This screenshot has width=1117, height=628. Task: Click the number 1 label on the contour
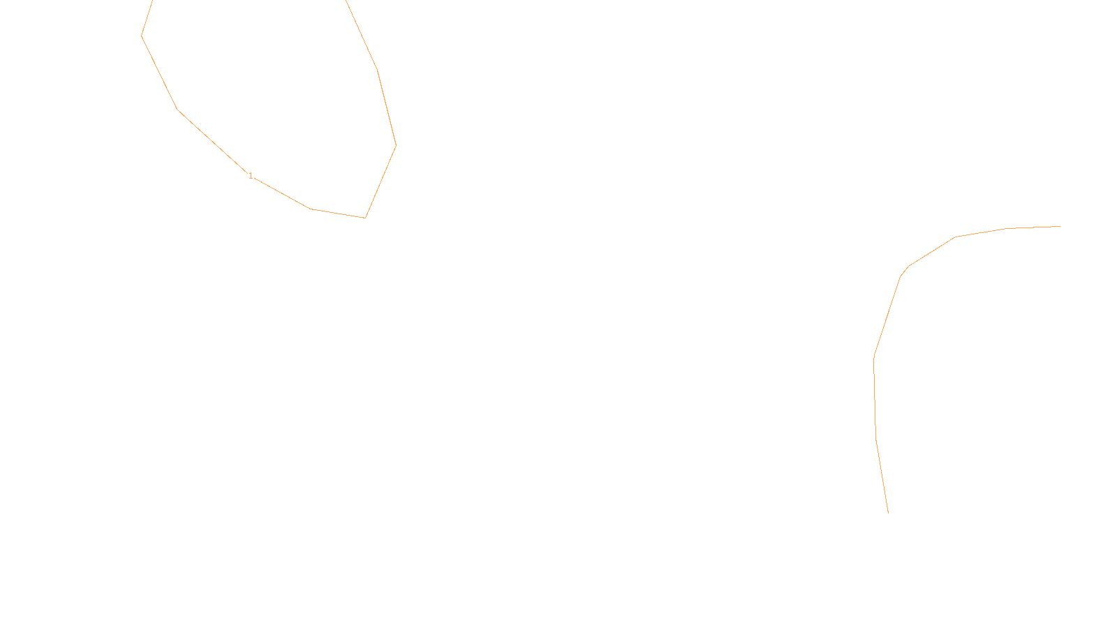tap(251, 176)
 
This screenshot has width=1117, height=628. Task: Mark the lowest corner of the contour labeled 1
tap(365, 218)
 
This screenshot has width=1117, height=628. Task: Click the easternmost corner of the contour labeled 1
tap(396, 145)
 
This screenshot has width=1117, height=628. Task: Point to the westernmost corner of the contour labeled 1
tap(142, 36)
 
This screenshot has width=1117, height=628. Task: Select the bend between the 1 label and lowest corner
tap(310, 209)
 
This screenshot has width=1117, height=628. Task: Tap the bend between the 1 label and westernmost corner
tap(178, 110)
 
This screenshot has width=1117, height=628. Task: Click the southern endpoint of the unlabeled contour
tap(888, 513)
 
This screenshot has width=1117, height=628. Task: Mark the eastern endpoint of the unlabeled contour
tap(1060, 226)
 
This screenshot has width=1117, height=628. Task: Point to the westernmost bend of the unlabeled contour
tap(874, 357)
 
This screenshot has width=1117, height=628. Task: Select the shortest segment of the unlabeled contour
tap(904, 271)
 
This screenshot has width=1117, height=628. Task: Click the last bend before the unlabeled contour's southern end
tap(876, 438)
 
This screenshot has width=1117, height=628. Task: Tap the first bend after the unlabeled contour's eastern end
tap(1006, 228)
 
